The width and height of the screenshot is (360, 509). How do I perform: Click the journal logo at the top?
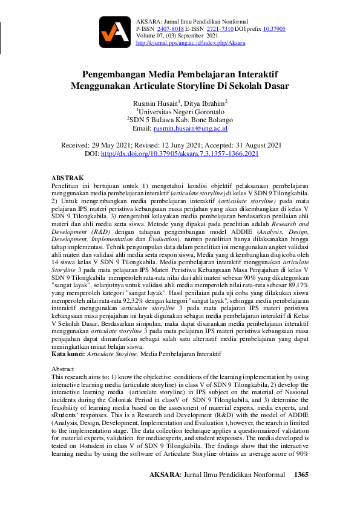[115, 32]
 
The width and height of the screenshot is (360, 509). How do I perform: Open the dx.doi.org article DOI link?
[180, 154]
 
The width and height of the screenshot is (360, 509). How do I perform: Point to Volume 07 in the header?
[154, 36]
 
